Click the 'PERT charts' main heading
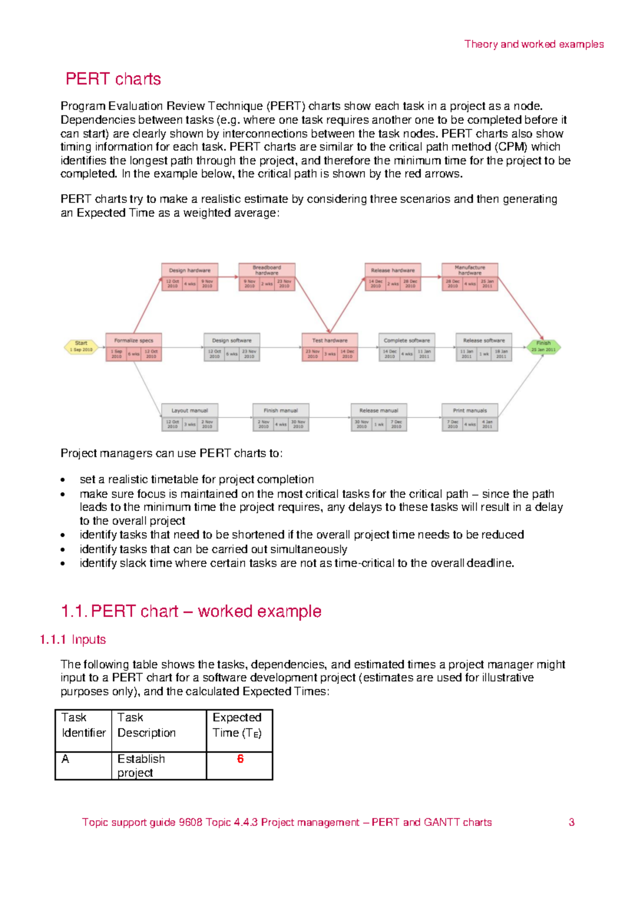tap(113, 79)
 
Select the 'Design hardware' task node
tap(189, 277)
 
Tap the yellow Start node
tap(81, 346)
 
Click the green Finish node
tap(543, 346)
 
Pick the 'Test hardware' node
tap(330, 347)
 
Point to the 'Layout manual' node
tap(189, 417)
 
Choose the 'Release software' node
tap(484, 347)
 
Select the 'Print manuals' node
tap(470, 417)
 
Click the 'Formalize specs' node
tap(133, 347)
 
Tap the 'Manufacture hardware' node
tap(470, 277)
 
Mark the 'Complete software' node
tap(406, 347)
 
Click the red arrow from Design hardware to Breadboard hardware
tap(228, 276)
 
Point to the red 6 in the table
tap(240, 759)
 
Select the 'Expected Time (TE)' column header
tap(237, 725)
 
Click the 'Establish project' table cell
tap(141, 766)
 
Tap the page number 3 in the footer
tap(571, 822)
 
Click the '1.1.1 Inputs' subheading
tap(73, 640)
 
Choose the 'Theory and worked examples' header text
tap(534, 44)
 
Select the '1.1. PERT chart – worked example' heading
tap(191, 612)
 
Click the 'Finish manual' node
tap(280, 417)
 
